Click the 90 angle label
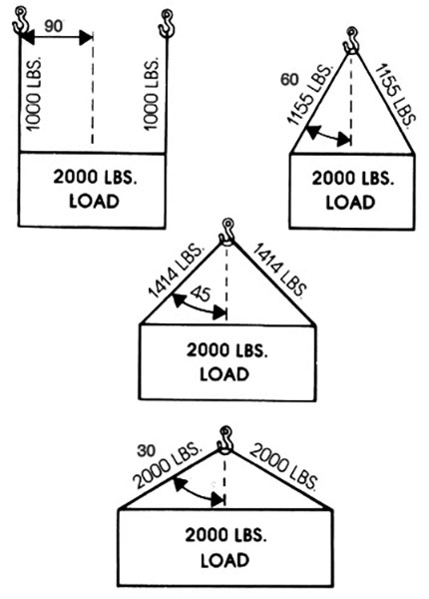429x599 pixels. (54, 26)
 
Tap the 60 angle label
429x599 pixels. (289, 80)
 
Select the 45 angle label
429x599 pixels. (200, 294)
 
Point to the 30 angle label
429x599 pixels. (147, 451)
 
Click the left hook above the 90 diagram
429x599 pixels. (20, 21)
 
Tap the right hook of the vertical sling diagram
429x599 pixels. (167, 24)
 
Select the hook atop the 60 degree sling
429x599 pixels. (351, 41)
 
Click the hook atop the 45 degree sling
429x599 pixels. (226, 233)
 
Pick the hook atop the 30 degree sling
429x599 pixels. (224, 440)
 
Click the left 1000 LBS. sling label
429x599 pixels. (34, 95)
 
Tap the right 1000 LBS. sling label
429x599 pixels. (151, 94)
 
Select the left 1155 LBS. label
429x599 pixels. (310, 96)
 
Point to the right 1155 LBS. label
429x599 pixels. (395, 96)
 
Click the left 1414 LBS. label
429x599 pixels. (176, 271)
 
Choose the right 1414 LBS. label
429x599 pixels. (279, 270)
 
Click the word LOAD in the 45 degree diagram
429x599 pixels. (224, 374)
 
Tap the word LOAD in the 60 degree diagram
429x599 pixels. (350, 203)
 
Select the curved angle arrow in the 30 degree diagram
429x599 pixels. (199, 492)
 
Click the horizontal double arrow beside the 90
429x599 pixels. (57, 38)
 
